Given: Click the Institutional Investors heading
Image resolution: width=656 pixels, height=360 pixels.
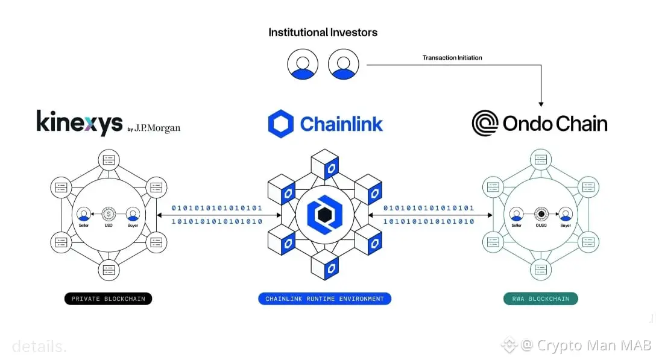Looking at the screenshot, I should pyautogui.click(x=323, y=33).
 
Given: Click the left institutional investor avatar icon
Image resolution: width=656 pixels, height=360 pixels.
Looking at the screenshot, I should pyautogui.click(x=302, y=64).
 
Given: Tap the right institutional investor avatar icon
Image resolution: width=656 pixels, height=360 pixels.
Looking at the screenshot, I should pyautogui.click(x=343, y=64).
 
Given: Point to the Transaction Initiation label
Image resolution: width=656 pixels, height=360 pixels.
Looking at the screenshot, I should pyautogui.click(x=452, y=58).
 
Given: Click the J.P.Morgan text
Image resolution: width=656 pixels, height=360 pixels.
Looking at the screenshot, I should pyautogui.click(x=157, y=128).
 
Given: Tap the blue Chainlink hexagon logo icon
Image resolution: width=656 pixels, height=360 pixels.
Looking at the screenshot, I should pyautogui.click(x=280, y=124).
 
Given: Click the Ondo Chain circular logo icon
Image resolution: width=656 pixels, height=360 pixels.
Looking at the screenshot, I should pyautogui.click(x=485, y=123).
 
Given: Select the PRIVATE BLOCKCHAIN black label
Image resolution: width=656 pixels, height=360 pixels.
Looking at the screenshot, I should pyautogui.click(x=109, y=298).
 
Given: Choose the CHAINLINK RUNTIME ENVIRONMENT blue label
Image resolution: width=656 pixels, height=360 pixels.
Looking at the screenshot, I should pyautogui.click(x=325, y=298).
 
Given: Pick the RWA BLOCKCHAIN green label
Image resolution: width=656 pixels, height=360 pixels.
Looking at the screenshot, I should pyautogui.click(x=540, y=298).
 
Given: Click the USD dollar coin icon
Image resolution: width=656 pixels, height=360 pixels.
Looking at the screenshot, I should pyautogui.click(x=109, y=213).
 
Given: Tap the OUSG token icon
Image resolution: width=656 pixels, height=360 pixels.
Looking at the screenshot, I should pyautogui.click(x=541, y=213).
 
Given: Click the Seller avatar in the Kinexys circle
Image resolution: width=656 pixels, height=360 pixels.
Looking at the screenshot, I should pyautogui.click(x=84, y=214).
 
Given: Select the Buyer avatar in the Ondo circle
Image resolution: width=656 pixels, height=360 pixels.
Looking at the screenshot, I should pyautogui.click(x=565, y=214).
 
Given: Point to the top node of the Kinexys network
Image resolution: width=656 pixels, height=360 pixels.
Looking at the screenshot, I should pyautogui.click(x=109, y=160).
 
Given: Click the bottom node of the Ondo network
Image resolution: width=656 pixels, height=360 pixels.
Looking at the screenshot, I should pyautogui.click(x=541, y=269).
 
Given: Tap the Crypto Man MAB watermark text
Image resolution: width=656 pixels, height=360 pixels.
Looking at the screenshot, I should pyautogui.click(x=594, y=346).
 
